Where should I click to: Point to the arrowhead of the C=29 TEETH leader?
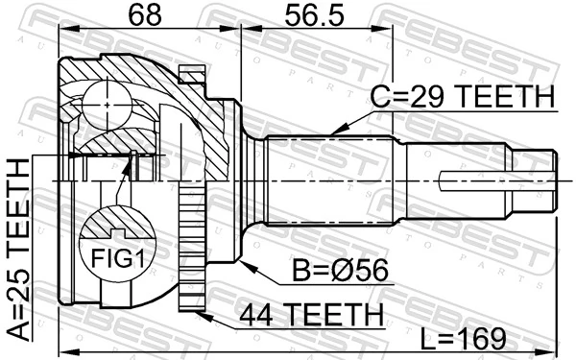(x=331, y=131)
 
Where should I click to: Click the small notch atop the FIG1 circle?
(x=118, y=232)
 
